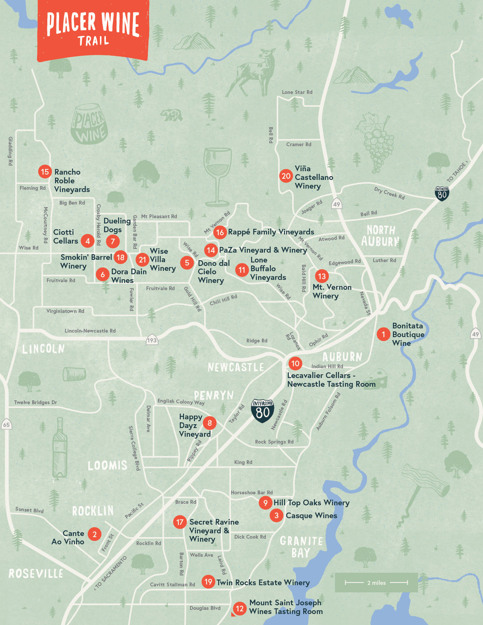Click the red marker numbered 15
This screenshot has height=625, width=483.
[45, 172]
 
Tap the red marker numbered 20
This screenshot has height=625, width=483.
[286, 176]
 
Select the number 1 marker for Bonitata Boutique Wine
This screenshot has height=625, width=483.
[383, 334]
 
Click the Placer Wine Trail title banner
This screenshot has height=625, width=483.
[93, 29]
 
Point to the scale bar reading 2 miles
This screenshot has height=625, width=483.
[376, 583]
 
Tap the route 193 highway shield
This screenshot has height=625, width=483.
[152, 340]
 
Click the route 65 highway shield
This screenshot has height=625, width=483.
[6, 425]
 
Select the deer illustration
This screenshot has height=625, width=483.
[256, 72]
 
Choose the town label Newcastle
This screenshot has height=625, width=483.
[236, 367]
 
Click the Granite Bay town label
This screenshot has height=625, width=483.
[301, 547]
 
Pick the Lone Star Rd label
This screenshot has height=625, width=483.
[297, 92]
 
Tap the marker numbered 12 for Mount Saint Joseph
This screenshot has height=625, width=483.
[239, 608]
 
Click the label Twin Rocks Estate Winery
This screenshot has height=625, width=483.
[263, 583]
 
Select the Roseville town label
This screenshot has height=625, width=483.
[36, 573]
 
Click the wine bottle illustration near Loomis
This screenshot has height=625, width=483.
[59, 449]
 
